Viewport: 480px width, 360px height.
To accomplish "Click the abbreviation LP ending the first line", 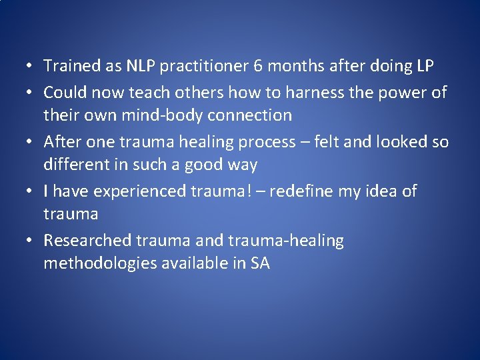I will [x=424, y=66].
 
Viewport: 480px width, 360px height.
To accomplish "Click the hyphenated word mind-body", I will [x=169, y=115].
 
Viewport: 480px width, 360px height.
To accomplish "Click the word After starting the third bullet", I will [x=61, y=141].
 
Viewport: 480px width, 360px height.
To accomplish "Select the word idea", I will [x=374, y=191].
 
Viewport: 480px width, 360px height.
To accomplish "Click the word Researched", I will [x=87, y=240].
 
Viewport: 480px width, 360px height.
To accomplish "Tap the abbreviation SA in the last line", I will [x=260, y=263].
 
